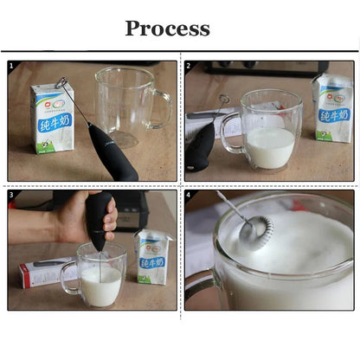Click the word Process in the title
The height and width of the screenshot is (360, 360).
tap(167, 28)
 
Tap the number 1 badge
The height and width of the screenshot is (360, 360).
tap(12, 65)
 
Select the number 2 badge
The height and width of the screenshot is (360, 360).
tap(190, 65)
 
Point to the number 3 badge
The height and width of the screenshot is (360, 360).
tap(12, 195)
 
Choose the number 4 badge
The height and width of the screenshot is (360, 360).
tap(190, 195)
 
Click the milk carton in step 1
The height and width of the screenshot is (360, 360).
tap(51, 117)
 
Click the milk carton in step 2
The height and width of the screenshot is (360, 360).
tap(332, 108)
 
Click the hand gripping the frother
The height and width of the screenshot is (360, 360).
tap(74, 216)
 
